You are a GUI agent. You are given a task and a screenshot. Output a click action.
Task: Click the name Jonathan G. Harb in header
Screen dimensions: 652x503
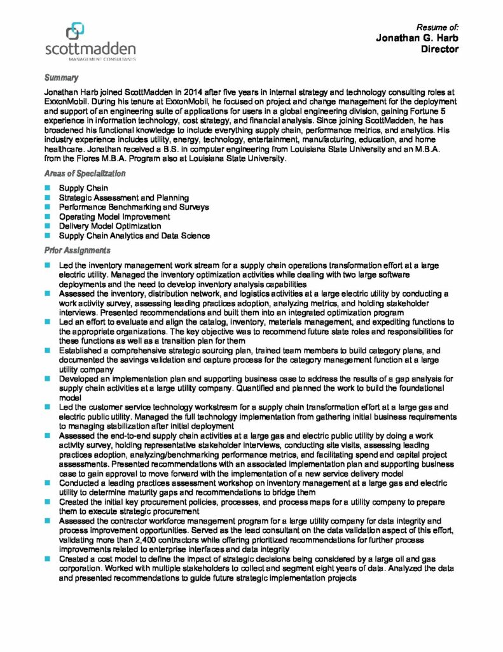(x=417, y=38)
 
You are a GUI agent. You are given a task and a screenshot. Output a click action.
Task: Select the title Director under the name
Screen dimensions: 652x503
(x=440, y=49)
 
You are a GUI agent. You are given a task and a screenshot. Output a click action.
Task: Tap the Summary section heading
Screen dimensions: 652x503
(x=61, y=78)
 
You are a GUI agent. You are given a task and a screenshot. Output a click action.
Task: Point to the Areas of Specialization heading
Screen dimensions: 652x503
(x=85, y=173)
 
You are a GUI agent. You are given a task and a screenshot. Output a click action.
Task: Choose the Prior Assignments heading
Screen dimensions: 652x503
(x=77, y=250)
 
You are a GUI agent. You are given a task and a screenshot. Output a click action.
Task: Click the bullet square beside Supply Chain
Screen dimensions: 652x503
(x=47, y=188)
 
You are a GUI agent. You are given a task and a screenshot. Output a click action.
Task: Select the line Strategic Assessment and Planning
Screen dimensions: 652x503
(x=124, y=198)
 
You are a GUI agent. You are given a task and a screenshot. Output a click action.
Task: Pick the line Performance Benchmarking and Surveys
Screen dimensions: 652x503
(x=134, y=207)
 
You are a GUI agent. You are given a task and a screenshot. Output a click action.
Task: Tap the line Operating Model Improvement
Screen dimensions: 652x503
(x=114, y=216)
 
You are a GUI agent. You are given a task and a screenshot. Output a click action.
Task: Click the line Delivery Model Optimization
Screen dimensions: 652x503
(x=110, y=226)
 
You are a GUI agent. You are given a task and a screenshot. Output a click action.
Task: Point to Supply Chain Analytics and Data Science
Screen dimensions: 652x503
(x=134, y=236)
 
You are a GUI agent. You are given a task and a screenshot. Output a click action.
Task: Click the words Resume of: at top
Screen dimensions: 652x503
(x=438, y=27)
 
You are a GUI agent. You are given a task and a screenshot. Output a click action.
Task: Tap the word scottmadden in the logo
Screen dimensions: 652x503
(x=90, y=48)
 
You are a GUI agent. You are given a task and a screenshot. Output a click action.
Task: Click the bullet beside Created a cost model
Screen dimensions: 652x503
(x=47, y=558)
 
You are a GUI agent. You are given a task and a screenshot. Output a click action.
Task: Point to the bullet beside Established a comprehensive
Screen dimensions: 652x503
(x=47, y=350)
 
